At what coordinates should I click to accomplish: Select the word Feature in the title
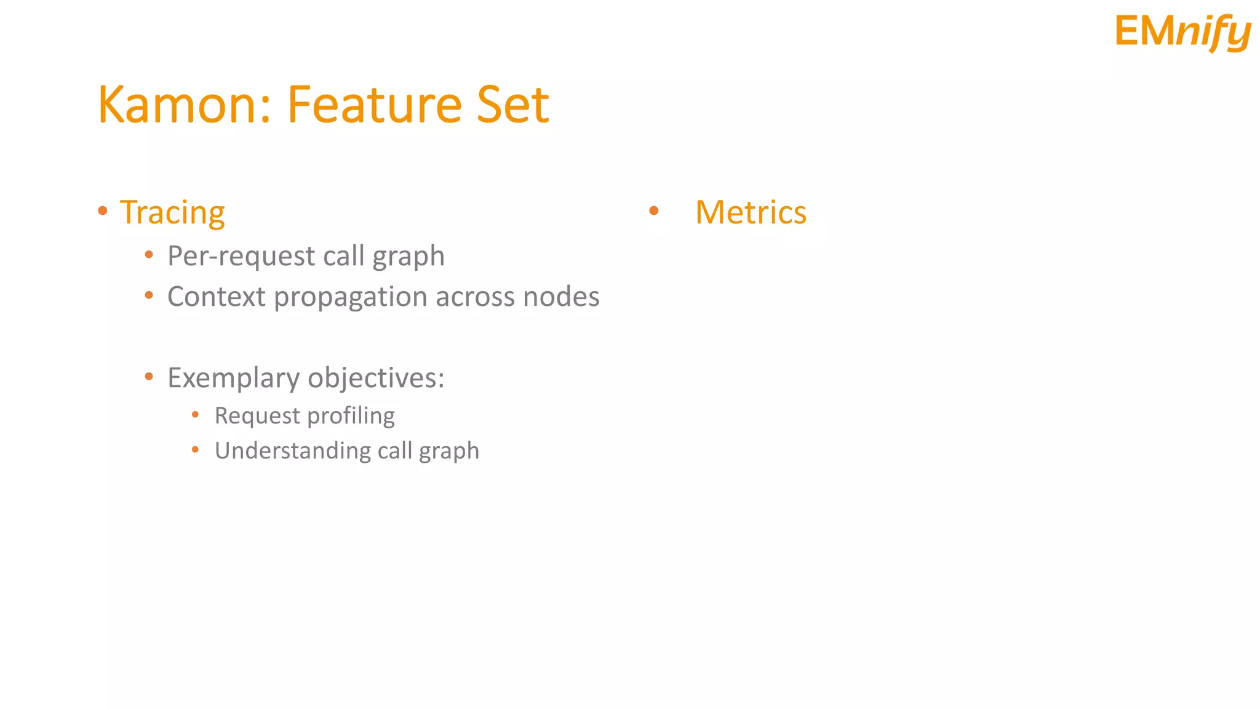tap(374, 105)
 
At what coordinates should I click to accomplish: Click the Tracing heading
tap(172, 213)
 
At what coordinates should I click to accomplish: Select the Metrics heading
tap(750, 213)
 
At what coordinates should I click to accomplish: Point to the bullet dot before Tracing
tap(103, 212)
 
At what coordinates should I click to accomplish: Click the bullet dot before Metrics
tap(654, 212)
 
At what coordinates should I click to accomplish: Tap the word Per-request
tap(241, 257)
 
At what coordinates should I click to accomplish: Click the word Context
tap(216, 297)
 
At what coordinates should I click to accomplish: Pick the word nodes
tap(561, 297)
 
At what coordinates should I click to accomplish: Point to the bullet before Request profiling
tap(195, 415)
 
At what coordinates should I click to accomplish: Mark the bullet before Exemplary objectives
tap(149, 377)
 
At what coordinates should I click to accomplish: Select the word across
tap(475, 297)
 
